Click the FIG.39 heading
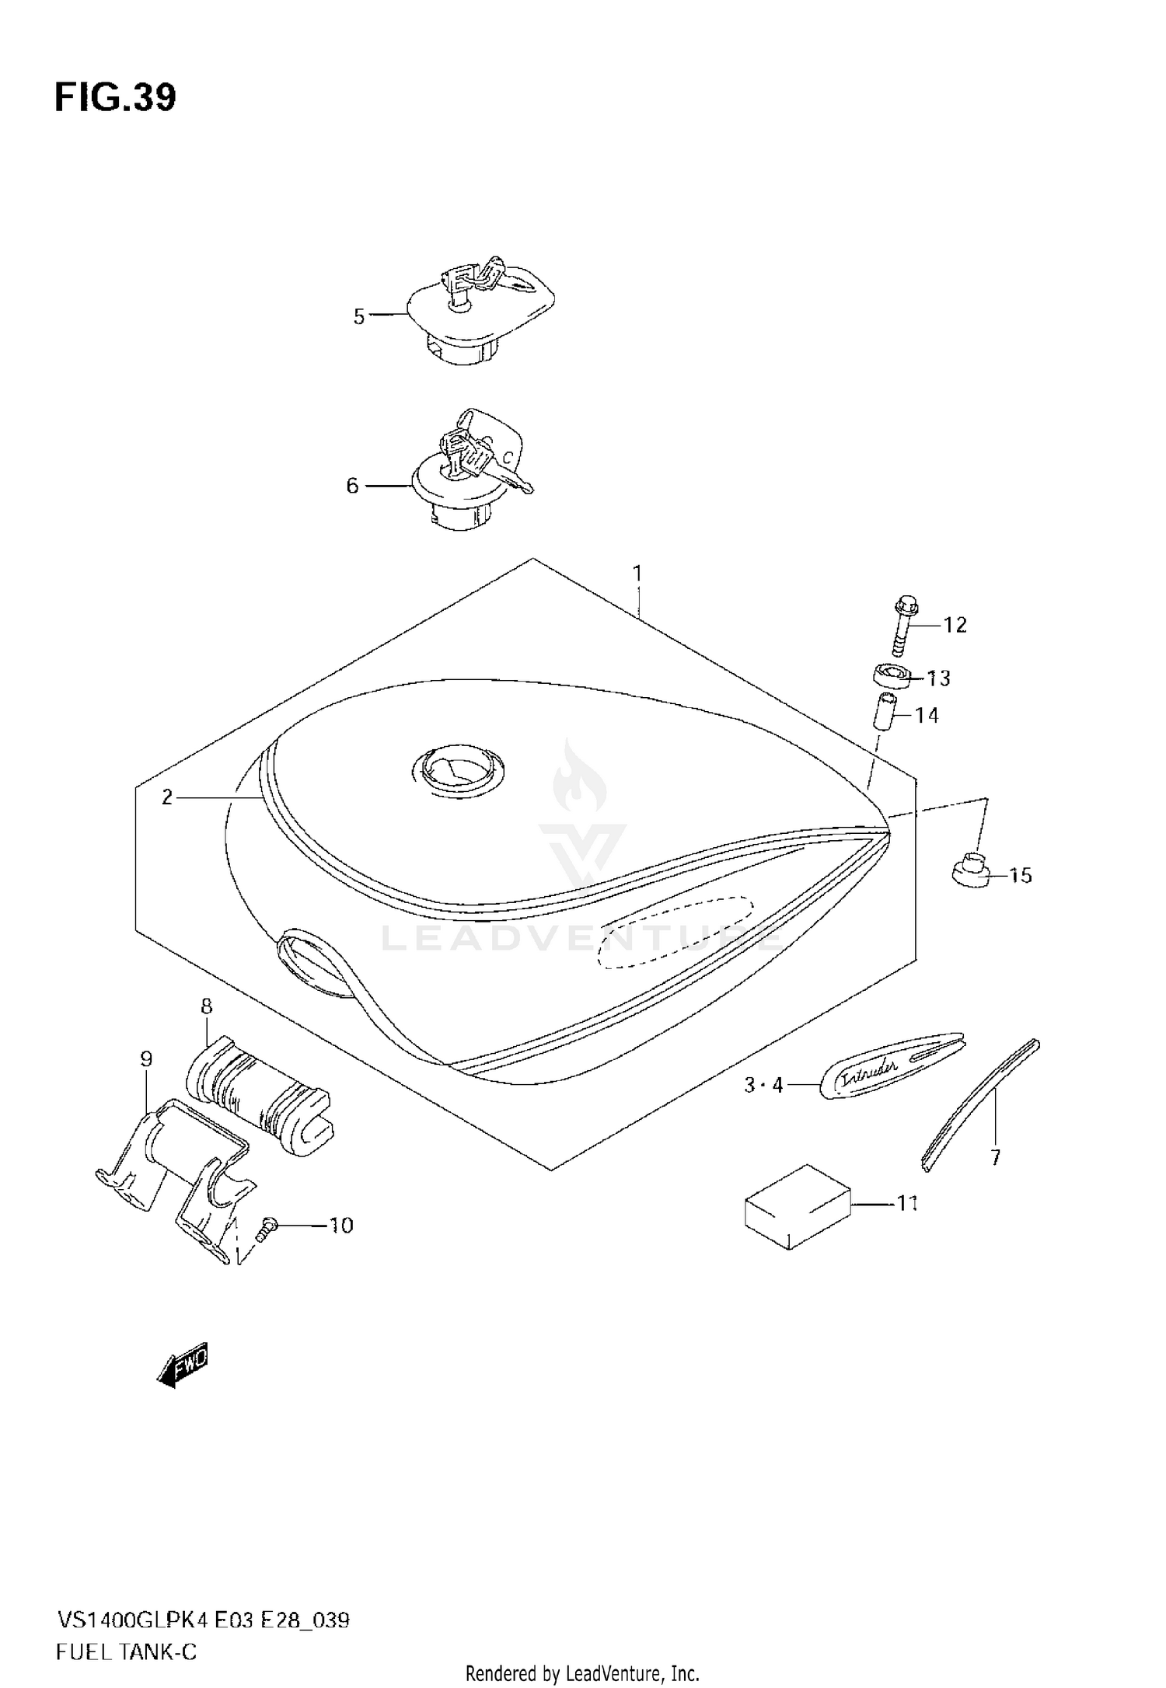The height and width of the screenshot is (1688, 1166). [115, 99]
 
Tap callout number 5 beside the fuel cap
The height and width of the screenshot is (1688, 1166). [359, 316]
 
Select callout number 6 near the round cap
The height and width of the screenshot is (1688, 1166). [352, 486]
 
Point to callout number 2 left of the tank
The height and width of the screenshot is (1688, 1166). [166, 797]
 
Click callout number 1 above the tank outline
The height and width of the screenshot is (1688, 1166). [637, 574]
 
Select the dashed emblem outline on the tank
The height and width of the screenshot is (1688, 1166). [675, 932]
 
